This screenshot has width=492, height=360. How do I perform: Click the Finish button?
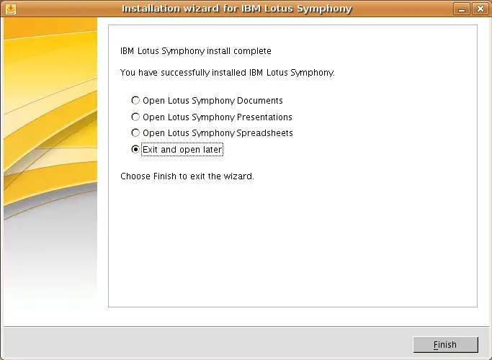pyautogui.click(x=446, y=345)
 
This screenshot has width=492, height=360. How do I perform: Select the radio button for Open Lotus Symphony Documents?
pyautogui.click(x=135, y=100)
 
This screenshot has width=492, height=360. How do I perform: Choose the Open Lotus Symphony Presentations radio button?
pyautogui.click(x=135, y=117)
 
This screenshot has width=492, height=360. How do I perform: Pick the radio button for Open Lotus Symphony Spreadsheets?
pyautogui.click(x=135, y=132)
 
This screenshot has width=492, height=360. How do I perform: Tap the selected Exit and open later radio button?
pyautogui.click(x=135, y=149)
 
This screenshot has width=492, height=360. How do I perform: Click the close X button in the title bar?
pyautogui.click(x=480, y=9)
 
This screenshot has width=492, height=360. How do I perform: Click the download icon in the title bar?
pyautogui.click(x=10, y=9)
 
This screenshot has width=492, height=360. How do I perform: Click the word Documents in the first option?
pyautogui.click(x=260, y=101)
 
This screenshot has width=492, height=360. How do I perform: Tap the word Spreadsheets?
pyautogui.click(x=264, y=133)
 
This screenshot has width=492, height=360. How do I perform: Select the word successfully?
pyautogui.click(x=185, y=73)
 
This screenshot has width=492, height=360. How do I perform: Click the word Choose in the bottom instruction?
pyautogui.click(x=135, y=176)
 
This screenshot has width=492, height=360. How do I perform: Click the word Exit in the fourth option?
pyautogui.click(x=150, y=150)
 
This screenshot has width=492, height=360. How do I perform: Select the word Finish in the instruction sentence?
pyautogui.click(x=165, y=176)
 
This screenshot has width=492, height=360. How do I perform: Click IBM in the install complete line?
pyautogui.click(x=127, y=51)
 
